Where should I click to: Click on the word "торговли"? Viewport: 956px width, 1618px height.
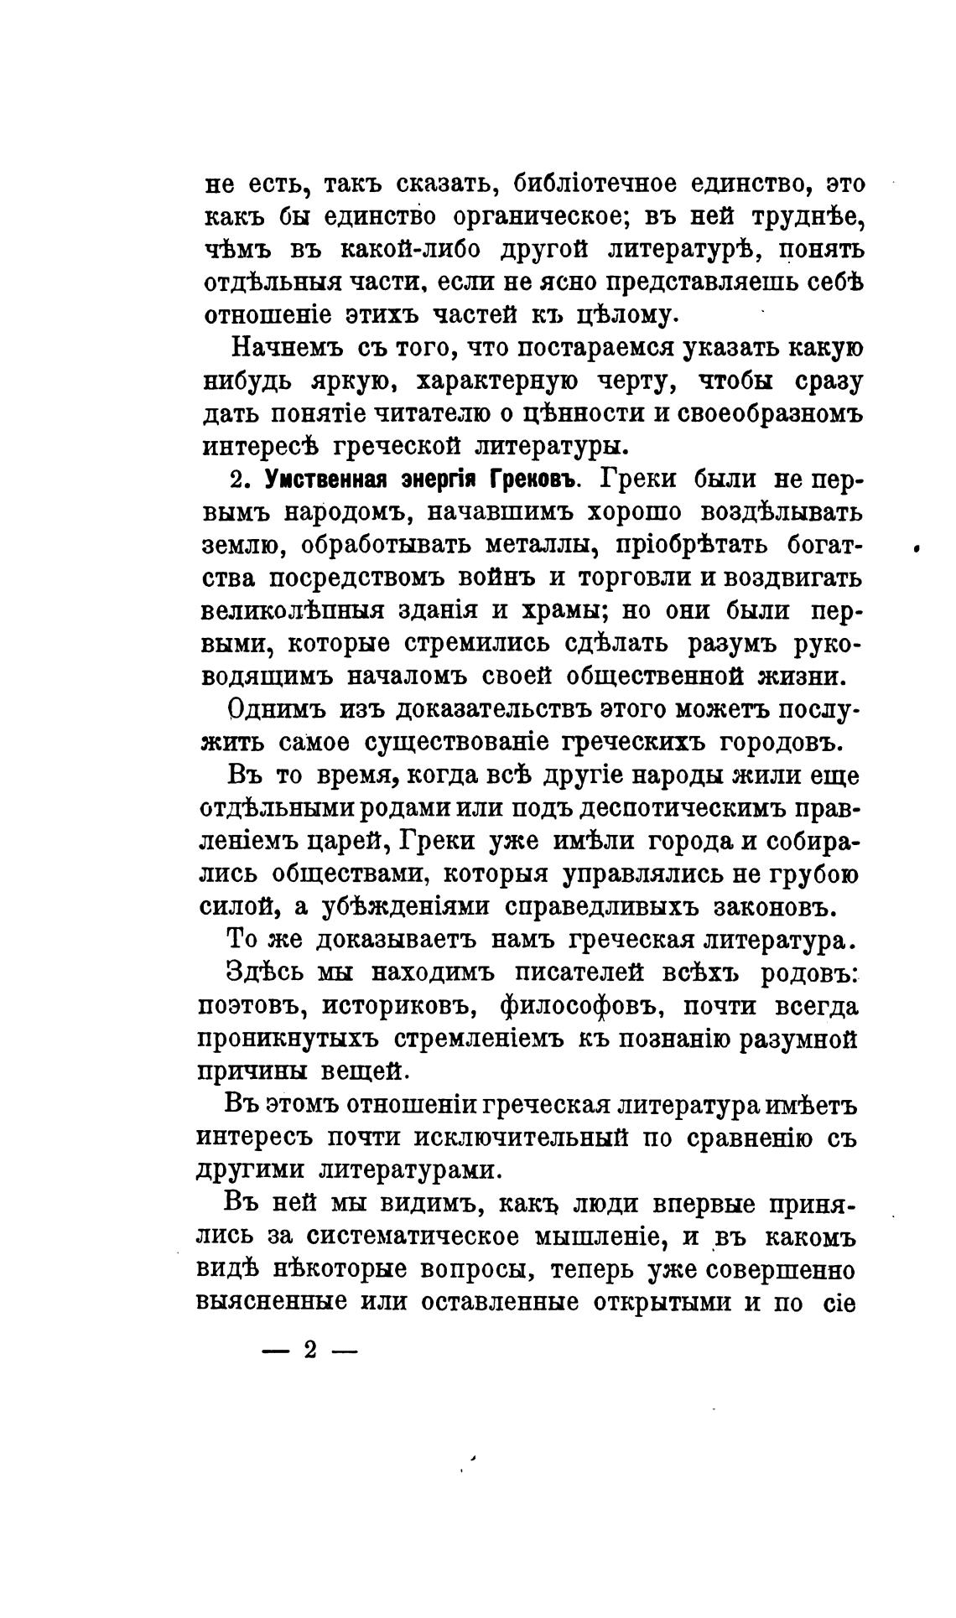630,578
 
